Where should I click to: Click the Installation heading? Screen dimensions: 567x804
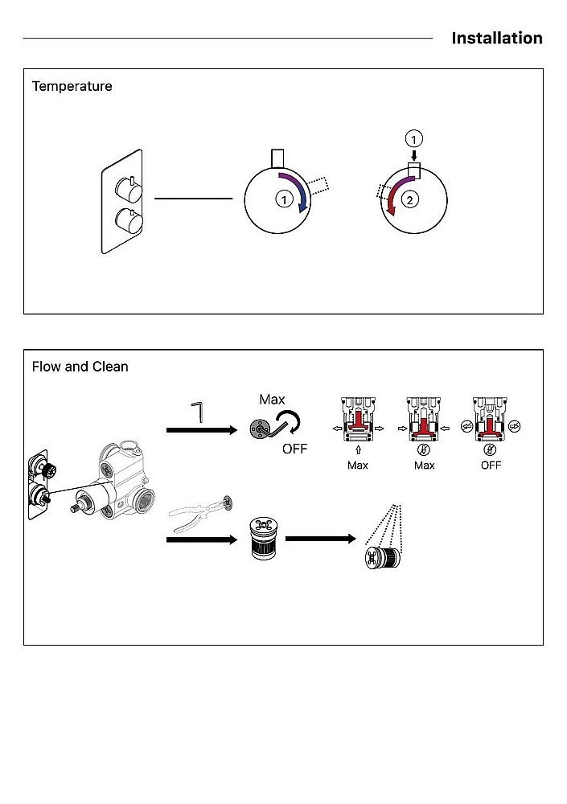tap(497, 38)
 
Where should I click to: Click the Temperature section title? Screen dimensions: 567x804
tap(72, 86)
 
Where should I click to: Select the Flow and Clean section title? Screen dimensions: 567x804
tap(80, 367)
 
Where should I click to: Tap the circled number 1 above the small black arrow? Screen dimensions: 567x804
tap(413, 138)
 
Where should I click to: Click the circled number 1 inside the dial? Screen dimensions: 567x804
tap(284, 199)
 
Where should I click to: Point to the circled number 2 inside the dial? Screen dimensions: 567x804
tap(409, 199)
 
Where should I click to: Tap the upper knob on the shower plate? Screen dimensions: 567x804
tap(129, 189)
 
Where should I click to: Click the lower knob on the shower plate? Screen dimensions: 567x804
tap(129, 223)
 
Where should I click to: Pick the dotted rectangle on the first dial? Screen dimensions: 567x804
tap(318, 186)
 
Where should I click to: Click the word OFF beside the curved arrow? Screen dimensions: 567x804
tap(294, 449)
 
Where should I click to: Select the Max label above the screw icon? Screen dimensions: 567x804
tap(272, 400)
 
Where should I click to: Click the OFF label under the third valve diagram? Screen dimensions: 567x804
tap(491, 466)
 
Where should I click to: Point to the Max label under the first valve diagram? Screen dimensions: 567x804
tap(358, 466)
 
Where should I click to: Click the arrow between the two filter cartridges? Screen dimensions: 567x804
tap(321, 539)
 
